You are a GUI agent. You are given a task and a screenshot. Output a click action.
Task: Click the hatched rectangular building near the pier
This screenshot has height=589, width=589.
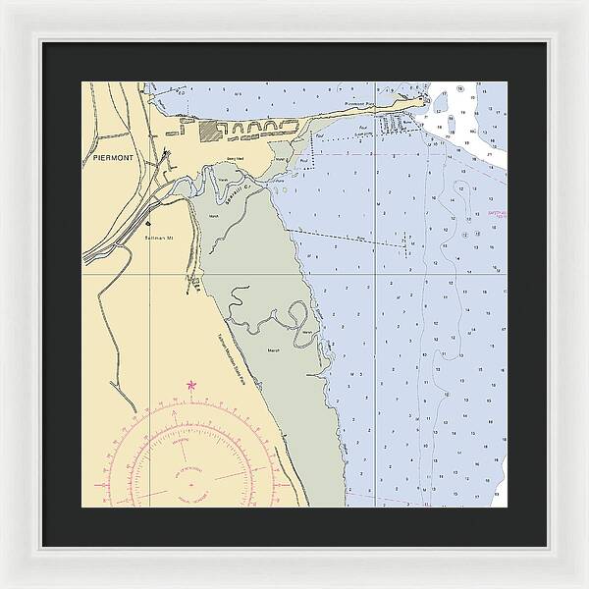click(211, 129)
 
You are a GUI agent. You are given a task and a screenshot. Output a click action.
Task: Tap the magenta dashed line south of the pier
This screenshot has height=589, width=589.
click(353, 154)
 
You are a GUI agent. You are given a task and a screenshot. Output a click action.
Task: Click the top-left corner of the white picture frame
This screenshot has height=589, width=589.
click(4, 4)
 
